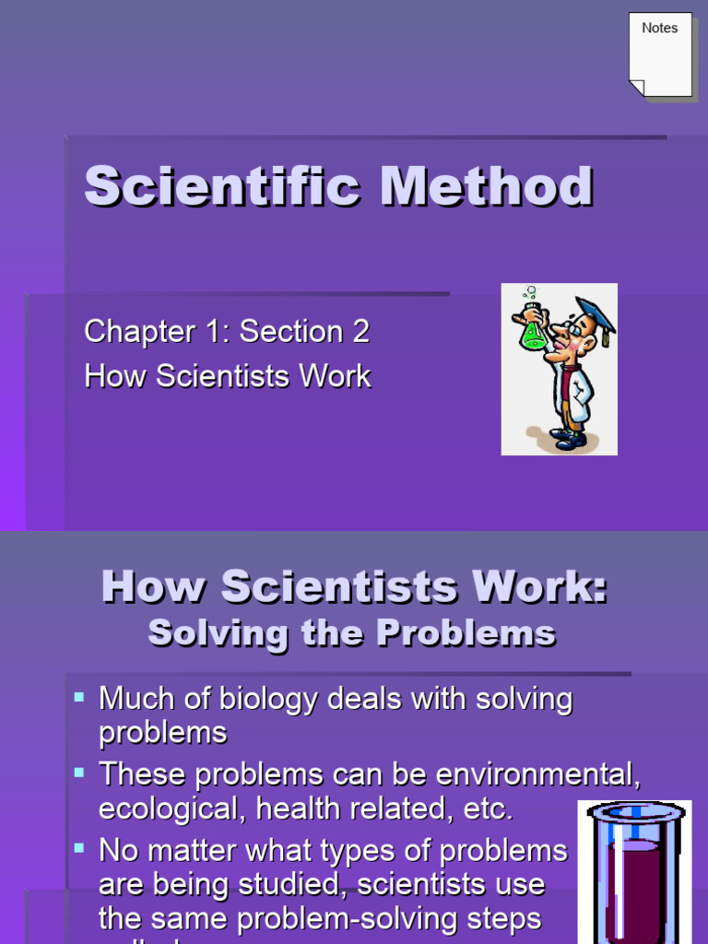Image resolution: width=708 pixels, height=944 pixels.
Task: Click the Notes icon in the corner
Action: click(660, 53)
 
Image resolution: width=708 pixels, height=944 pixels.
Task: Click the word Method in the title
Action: click(487, 187)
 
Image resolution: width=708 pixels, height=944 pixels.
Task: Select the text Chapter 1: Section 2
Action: click(227, 332)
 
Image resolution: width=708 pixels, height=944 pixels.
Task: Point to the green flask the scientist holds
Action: click(533, 332)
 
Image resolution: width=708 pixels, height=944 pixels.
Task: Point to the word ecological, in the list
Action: click(172, 809)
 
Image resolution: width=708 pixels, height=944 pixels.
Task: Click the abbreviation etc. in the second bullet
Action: click(484, 809)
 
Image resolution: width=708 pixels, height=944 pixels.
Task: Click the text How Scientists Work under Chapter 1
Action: click(227, 376)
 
